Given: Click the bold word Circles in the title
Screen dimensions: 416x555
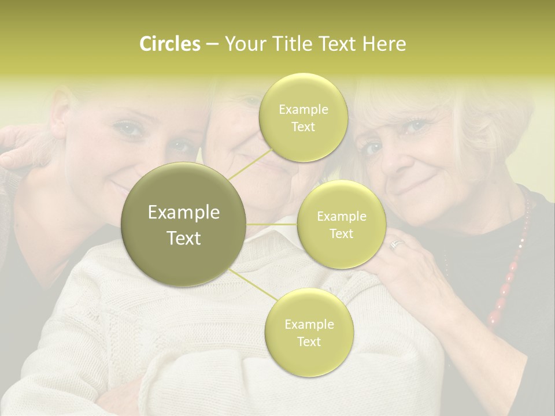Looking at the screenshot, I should (x=170, y=44).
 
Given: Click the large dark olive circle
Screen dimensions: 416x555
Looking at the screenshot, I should (x=184, y=225).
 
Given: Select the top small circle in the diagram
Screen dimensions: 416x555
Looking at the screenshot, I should (x=303, y=117).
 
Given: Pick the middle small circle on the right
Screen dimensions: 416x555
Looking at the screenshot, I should (x=341, y=224).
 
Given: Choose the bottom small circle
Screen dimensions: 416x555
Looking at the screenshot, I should (x=309, y=332).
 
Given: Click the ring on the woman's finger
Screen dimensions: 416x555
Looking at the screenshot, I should (x=396, y=244).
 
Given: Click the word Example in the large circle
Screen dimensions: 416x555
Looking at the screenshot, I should (x=184, y=213).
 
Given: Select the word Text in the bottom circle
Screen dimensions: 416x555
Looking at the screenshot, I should (x=309, y=341).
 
